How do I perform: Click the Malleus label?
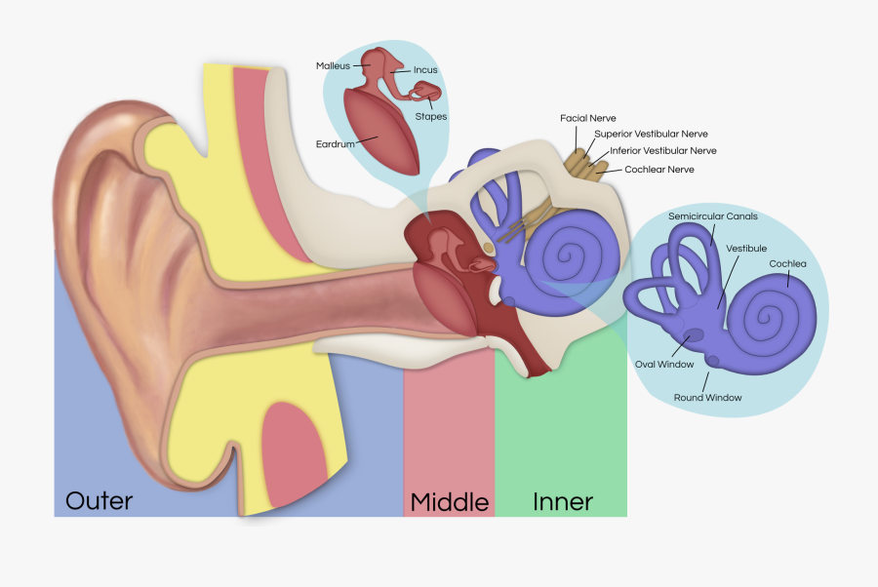click(x=333, y=66)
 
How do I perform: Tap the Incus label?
click(x=425, y=70)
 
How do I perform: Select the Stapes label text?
click(x=430, y=117)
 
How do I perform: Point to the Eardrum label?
click(x=334, y=144)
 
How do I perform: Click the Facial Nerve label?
click(x=586, y=118)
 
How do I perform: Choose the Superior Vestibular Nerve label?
click(x=651, y=134)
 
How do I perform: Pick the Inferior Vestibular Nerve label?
click(x=662, y=151)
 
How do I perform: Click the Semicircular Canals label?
click(x=712, y=216)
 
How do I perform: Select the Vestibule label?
click(x=745, y=249)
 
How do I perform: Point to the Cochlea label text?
click(x=787, y=264)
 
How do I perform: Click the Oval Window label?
click(x=664, y=364)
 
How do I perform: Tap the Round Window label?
click(x=707, y=398)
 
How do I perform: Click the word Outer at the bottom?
click(x=99, y=501)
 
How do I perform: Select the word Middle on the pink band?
click(x=449, y=502)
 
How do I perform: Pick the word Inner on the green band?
click(x=563, y=502)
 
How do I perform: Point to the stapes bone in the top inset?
click(x=425, y=94)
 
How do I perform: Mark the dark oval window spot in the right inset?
click(x=696, y=337)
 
